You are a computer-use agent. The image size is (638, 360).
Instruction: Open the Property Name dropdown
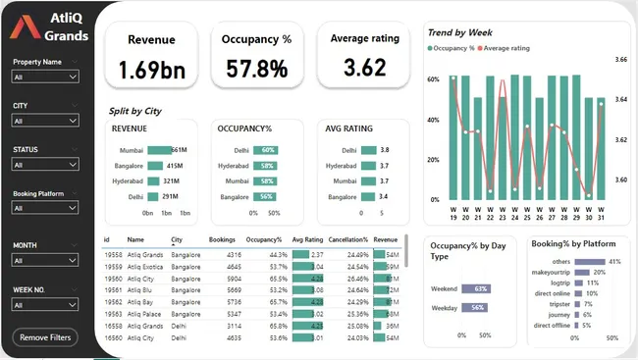click(x=46, y=77)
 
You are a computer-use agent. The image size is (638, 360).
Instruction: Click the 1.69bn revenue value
click(x=152, y=70)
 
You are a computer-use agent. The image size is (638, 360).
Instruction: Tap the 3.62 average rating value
click(x=357, y=68)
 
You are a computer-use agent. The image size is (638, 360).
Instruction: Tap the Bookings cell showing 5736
click(x=222, y=302)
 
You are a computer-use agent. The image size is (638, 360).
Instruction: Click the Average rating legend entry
click(x=507, y=47)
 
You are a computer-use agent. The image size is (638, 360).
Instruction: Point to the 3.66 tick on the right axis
click(x=619, y=60)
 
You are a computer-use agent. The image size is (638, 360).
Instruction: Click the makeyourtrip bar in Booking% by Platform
click(x=587, y=272)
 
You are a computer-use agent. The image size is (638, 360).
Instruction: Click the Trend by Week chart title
click(x=458, y=33)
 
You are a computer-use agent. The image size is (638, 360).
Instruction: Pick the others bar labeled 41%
click(x=595, y=262)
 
